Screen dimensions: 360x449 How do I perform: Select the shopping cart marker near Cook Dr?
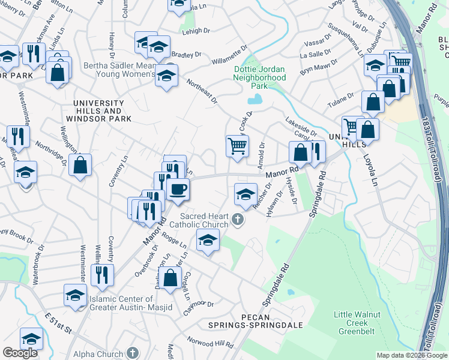(x=238, y=145)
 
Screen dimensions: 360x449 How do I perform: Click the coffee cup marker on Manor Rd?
(x=177, y=190)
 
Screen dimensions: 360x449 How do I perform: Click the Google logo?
(x=20, y=353)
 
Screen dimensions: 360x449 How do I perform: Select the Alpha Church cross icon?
(x=134, y=353)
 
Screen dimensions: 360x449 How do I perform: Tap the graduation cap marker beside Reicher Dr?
(x=245, y=194)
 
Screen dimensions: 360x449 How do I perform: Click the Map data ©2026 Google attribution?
(x=412, y=355)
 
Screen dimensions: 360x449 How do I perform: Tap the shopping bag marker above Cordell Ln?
(x=170, y=277)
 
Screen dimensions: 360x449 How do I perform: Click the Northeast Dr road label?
(x=201, y=92)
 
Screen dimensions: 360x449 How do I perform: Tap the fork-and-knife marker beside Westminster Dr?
(x=103, y=274)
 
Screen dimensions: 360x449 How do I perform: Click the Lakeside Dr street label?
(x=301, y=127)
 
